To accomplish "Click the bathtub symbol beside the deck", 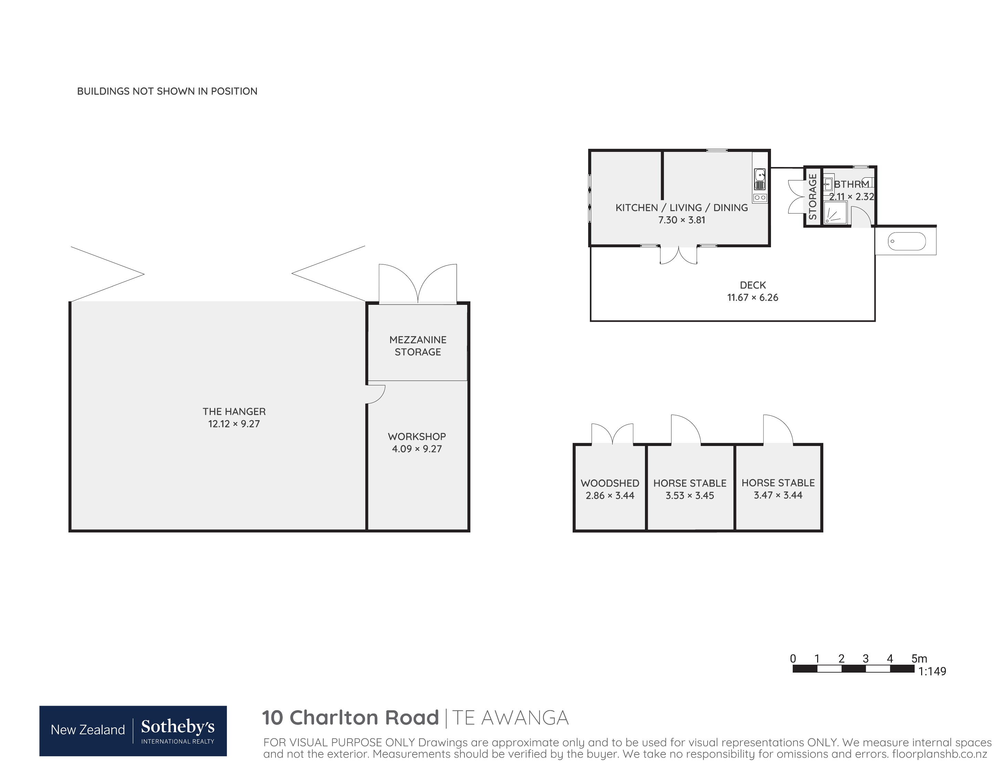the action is [x=906, y=241].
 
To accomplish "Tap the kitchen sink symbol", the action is [x=760, y=179].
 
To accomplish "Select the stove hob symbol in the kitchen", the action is [x=760, y=197].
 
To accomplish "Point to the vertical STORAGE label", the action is [x=812, y=197].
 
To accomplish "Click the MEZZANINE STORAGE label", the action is [x=418, y=346].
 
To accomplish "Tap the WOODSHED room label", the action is [x=610, y=483].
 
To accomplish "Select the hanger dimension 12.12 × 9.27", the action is [x=234, y=424].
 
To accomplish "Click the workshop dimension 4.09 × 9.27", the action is [x=417, y=449].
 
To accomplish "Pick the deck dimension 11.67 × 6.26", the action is [x=753, y=297].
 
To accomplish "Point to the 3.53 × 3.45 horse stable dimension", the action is [x=690, y=496].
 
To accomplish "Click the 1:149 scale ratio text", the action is [x=932, y=671].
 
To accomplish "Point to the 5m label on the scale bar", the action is [x=919, y=659].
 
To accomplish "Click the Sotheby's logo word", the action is [x=177, y=726].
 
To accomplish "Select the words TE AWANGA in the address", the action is [x=510, y=718].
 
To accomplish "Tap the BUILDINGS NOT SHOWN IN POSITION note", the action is [x=167, y=91].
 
